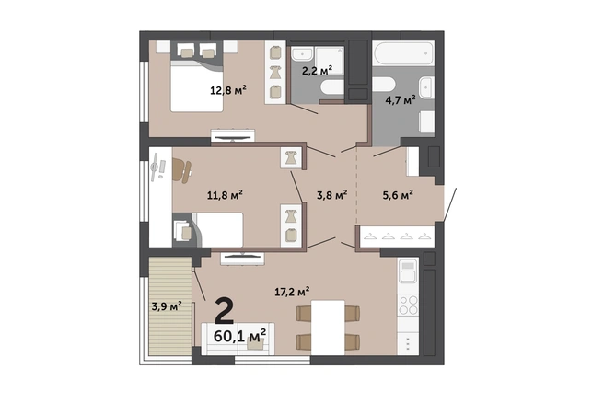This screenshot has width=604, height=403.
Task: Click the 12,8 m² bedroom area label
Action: click(x=228, y=90)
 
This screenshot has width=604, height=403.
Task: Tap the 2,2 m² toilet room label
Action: click(x=317, y=71)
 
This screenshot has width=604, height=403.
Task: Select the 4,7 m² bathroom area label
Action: click(x=401, y=100)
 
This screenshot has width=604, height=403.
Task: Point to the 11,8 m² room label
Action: click(x=225, y=195)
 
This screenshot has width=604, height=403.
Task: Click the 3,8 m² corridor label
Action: click(x=332, y=195)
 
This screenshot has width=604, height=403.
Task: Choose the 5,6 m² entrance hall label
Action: click(x=398, y=195)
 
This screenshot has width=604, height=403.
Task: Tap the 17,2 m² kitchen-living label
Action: click(x=293, y=292)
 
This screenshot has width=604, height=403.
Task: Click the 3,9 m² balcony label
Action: click(x=167, y=306)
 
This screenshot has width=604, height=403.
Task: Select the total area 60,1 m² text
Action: click(x=239, y=336)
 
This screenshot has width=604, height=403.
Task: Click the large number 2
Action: click(x=224, y=311)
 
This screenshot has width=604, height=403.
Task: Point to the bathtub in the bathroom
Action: click(x=403, y=53)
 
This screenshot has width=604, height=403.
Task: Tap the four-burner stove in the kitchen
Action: click(x=408, y=305)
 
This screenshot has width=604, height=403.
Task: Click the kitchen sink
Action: click(x=408, y=271)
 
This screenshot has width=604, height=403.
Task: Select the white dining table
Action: click(x=328, y=328)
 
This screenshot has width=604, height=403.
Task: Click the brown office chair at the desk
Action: click(x=181, y=170)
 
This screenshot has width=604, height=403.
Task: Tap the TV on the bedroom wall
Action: click(x=233, y=138)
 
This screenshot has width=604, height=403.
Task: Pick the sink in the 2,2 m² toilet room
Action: click(x=302, y=53)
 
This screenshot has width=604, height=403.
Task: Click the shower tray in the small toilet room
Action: click(x=330, y=60)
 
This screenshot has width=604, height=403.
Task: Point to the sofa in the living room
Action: click(x=238, y=339)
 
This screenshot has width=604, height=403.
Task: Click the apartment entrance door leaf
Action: click(x=450, y=205)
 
